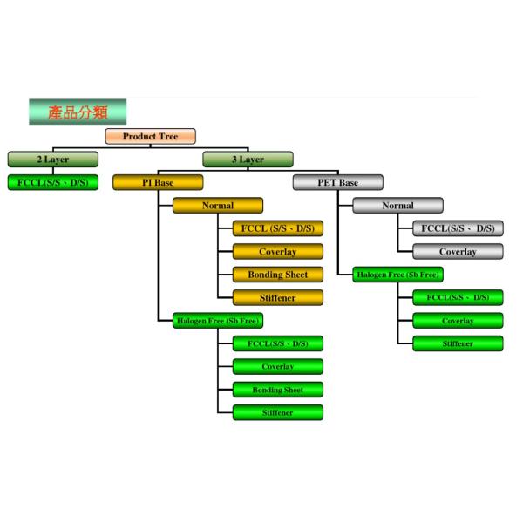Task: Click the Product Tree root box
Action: click(151, 137)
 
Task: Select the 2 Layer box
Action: click(52, 160)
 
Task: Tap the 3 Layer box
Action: click(248, 160)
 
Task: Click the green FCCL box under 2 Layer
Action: click(52, 183)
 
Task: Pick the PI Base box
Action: click(158, 183)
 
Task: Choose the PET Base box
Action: click(337, 183)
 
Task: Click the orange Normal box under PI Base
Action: click(217, 206)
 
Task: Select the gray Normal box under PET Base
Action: click(397, 206)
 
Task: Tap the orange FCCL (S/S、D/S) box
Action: click(278, 229)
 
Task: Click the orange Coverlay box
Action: click(278, 252)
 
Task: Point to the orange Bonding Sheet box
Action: click(278, 275)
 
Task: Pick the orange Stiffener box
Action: click(278, 298)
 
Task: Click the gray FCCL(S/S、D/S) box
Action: click(458, 229)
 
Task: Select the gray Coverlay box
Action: click(458, 252)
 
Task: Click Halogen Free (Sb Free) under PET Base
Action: click(397, 275)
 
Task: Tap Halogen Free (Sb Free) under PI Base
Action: click(217, 321)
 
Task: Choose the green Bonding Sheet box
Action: click(278, 390)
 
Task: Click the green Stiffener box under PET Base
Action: click(458, 343)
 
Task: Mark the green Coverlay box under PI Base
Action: click(278, 367)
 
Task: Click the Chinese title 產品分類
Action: click(78, 112)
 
